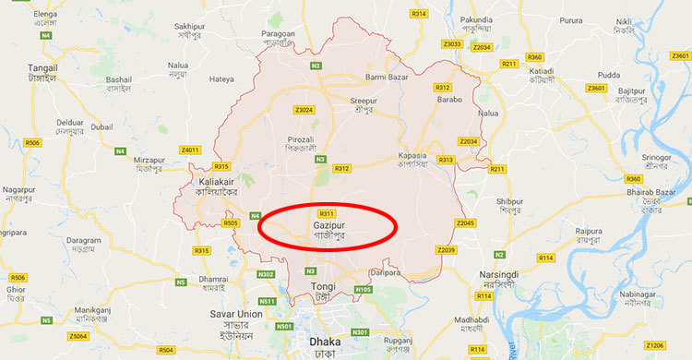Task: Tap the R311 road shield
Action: (x=325, y=213)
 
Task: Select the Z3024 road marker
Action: (x=304, y=110)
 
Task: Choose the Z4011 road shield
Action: (x=190, y=150)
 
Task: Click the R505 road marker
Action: (x=230, y=222)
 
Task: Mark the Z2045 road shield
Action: (x=464, y=222)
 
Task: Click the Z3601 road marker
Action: (x=596, y=88)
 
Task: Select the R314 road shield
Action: (x=420, y=14)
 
